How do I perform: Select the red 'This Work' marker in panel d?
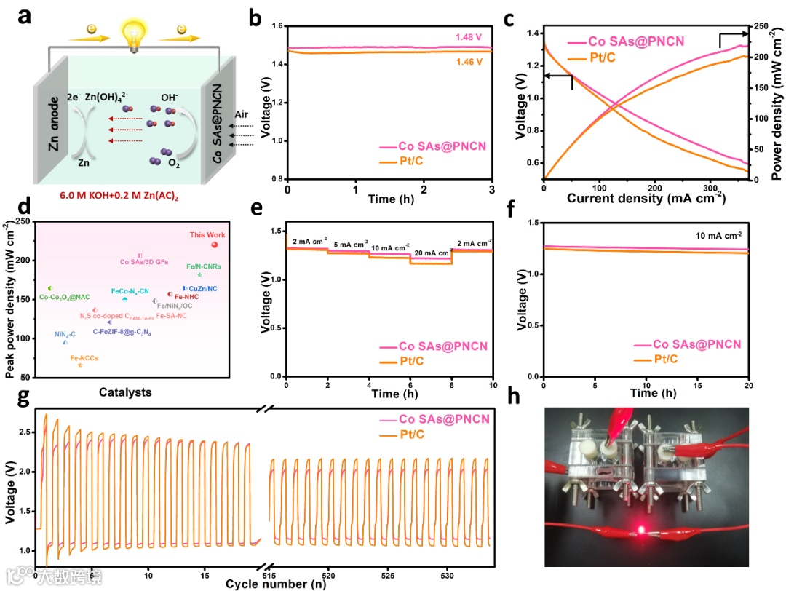[214, 245]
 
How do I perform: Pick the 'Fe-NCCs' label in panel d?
[84, 357]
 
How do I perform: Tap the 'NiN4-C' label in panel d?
[65, 334]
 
